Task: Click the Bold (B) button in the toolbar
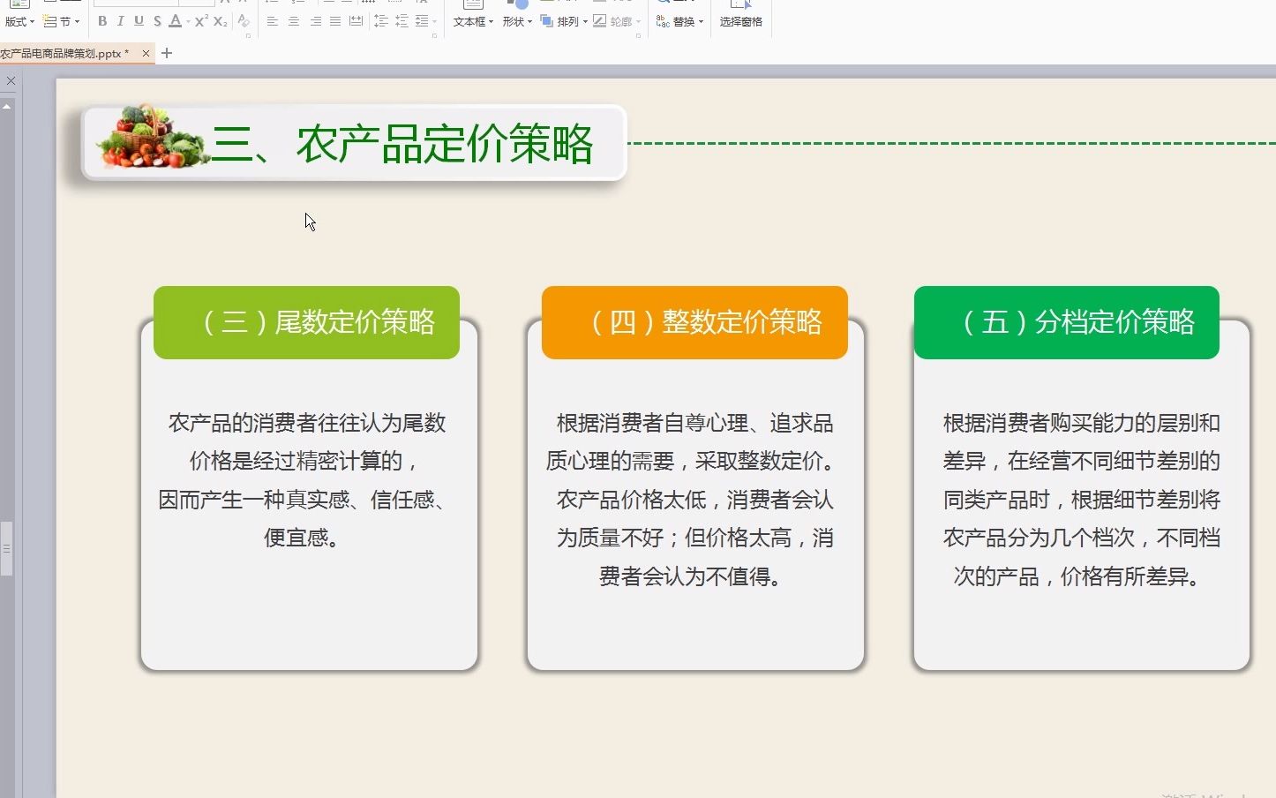pyautogui.click(x=102, y=21)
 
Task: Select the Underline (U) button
pyautogui.click(x=139, y=21)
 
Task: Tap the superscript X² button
pyautogui.click(x=201, y=21)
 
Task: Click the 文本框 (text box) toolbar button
pyautogui.click(x=472, y=21)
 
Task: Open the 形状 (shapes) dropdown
pyautogui.click(x=517, y=21)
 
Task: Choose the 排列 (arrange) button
pyautogui.click(x=564, y=21)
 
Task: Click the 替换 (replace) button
pyautogui.click(x=679, y=21)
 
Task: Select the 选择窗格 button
pyautogui.click(x=740, y=21)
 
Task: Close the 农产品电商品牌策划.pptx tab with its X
pyautogui.click(x=146, y=53)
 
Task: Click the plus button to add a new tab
pyautogui.click(x=167, y=53)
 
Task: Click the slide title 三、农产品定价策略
pyautogui.click(x=402, y=144)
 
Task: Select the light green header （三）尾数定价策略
pyautogui.click(x=306, y=322)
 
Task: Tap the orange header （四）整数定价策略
pyautogui.click(x=694, y=322)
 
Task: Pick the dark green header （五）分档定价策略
pyautogui.click(x=1066, y=322)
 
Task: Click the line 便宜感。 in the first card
pyautogui.click(x=303, y=538)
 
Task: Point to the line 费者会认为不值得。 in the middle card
pyautogui.click(x=690, y=576)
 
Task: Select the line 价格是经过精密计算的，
pyautogui.click(x=304, y=461)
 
